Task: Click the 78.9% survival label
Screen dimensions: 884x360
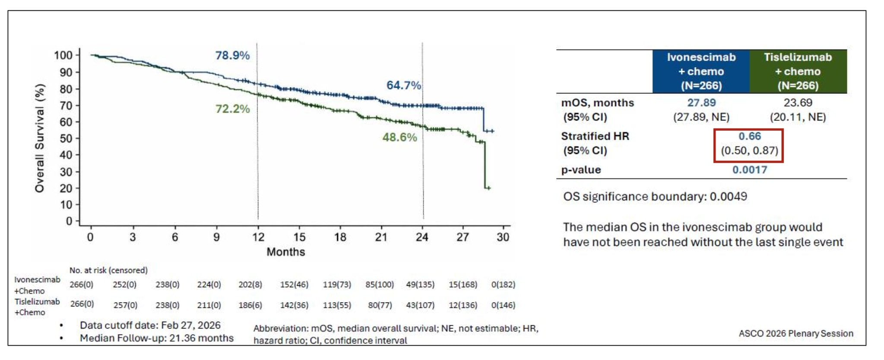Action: click(232, 55)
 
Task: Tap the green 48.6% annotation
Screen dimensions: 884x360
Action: click(399, 137)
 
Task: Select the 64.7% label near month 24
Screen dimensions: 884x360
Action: click(403, 85)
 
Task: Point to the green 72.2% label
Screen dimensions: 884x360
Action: click(232, 108)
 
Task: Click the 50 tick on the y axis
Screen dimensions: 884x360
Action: click(66, 139)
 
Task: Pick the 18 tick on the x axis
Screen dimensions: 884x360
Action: click(340, 237)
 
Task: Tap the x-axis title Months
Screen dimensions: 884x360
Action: click(285, 252)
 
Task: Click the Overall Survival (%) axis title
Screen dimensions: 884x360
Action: click(40, 138)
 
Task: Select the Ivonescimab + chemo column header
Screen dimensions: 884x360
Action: click(701, 71)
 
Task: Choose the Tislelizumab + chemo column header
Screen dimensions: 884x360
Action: click(798, 71)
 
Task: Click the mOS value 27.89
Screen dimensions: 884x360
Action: click(701, 103)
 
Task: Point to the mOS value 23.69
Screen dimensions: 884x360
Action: click(798, 103)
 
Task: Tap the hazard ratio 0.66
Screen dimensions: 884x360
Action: click(749, 136)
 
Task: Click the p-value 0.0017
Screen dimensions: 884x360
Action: click(749, 170)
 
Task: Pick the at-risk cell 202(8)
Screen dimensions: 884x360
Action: click(250, 284)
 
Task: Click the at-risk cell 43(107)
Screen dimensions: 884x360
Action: click(420, 305)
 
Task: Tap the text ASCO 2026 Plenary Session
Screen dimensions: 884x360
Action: click(796, 333)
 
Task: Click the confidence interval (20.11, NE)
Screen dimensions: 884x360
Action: click(798, 117)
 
